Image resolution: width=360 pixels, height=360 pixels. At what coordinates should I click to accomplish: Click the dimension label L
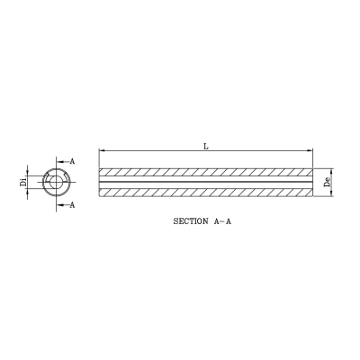pos(206,145)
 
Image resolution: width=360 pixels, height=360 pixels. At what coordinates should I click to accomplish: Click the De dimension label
pos(329,182)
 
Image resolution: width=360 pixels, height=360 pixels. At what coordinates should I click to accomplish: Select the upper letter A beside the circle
pos(72,159)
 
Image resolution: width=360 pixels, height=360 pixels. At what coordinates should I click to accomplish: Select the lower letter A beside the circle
pos(72,205)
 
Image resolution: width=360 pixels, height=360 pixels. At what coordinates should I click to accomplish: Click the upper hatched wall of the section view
pos(206,173)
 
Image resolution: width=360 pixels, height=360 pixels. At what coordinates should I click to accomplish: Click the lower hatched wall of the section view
pos(206,191)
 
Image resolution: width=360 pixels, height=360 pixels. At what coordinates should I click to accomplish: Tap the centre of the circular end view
pos(56,182)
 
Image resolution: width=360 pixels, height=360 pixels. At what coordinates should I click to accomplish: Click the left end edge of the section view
pos(99,182)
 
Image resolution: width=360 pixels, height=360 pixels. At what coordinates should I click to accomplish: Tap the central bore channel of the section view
pos(206,182)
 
